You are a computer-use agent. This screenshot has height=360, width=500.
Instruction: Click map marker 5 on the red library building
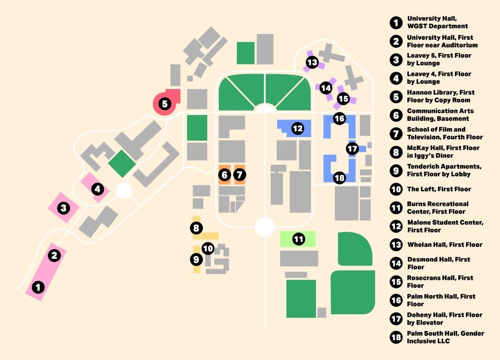[165, 104]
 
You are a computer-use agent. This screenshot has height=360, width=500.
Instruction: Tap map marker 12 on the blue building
[298, 129]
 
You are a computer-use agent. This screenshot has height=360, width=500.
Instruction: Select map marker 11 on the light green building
[299, 239]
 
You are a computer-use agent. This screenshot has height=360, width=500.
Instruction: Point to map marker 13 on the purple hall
[312, 62]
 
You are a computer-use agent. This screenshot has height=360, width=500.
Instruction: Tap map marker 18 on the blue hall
[340, 178]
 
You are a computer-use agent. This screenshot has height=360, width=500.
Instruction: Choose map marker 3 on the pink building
[64, 208]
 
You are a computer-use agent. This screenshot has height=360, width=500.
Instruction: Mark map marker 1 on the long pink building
[39, 287]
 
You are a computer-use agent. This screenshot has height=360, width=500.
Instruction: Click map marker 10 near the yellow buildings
[208, 248]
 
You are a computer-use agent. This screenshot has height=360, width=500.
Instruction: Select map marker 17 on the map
[352, 149]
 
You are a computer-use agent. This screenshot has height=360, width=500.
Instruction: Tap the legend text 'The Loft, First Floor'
[439, 189]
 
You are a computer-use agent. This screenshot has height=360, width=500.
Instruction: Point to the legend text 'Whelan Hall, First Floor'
[444, 244]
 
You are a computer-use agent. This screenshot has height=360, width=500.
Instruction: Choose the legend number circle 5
[396, 97]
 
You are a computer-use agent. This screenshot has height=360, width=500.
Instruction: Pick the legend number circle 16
[396, 300]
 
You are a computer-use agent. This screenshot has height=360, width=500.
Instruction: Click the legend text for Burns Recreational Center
[437, 208]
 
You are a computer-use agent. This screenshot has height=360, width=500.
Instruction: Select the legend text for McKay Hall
[443, 152]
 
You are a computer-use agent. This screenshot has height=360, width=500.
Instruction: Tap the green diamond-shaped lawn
[122, 163]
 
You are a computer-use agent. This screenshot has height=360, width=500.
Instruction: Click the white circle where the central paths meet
[265, 227]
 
